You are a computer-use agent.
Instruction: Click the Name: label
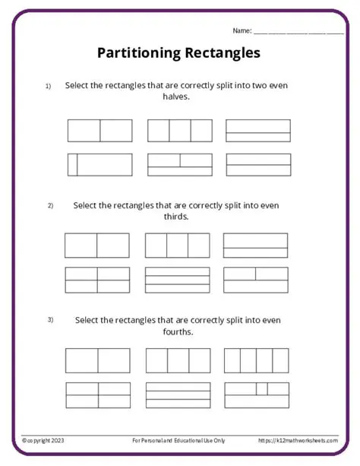[242, 30]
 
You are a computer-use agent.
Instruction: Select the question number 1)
[48, 87]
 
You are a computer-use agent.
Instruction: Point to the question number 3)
[50, 319]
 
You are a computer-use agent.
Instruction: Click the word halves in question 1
[176, 97]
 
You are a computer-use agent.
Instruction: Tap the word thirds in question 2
[176, 217]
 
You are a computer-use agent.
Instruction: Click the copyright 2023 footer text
[44, 440]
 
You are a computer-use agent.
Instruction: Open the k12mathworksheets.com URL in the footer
[298, 440]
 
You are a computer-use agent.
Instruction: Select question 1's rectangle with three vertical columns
[179, 131]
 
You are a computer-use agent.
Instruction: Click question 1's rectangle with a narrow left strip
[99, 165]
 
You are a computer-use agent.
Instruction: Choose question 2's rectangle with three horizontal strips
[177, 280]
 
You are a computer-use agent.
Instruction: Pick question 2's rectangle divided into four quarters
[97, 280]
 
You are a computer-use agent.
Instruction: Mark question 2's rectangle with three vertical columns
[177, 246]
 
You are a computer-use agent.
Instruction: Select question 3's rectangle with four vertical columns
[256, 360]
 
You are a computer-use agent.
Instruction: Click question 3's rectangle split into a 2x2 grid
[97, 395]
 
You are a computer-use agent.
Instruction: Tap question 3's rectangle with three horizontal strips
[177, 395]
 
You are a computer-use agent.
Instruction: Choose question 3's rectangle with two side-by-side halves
[97, 360]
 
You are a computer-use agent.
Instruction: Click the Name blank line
[298, 33]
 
